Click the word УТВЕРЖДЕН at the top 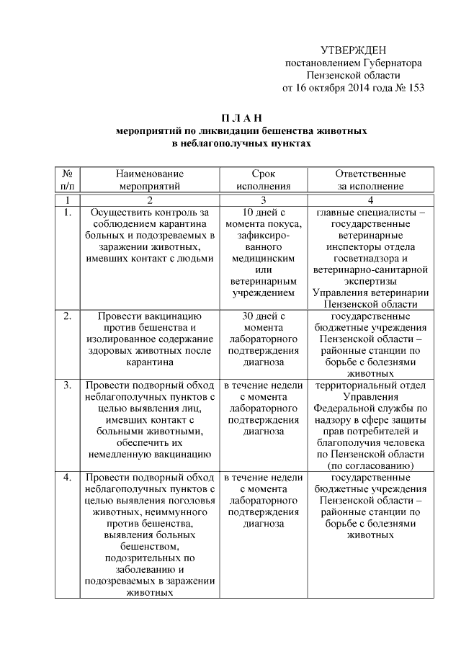coord(353,50)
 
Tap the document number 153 coord(416,89)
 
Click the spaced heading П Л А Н coord(242,118)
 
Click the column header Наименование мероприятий coord(149,179)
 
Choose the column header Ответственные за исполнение coord(371,179)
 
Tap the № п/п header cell coord(67,179)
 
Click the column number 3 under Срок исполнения coord(264,200)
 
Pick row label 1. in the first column coord(67,213)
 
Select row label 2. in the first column coord(67,316)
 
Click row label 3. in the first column coord(67,385)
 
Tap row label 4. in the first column coord(67,478)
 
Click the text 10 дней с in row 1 coord(264,213)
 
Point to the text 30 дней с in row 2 coord(264,316)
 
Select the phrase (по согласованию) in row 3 coord(371,466)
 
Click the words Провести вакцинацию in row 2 coord(149,316)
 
